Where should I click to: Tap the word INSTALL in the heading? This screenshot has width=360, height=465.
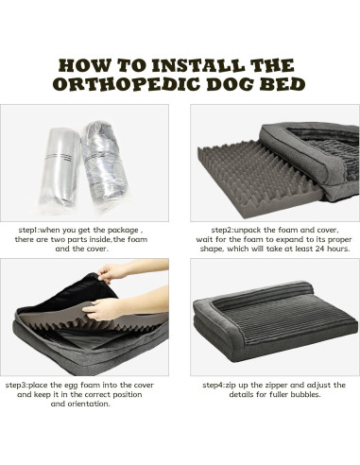197,65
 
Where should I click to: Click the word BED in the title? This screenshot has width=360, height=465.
282,84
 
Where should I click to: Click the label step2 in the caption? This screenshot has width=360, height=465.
222,230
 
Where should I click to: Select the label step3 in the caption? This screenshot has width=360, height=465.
16,385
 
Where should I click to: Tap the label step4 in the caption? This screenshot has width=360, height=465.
214,385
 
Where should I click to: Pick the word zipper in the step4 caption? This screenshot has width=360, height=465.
276,386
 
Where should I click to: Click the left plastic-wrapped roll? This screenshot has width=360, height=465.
60,166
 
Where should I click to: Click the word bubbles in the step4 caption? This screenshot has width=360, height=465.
304,394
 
